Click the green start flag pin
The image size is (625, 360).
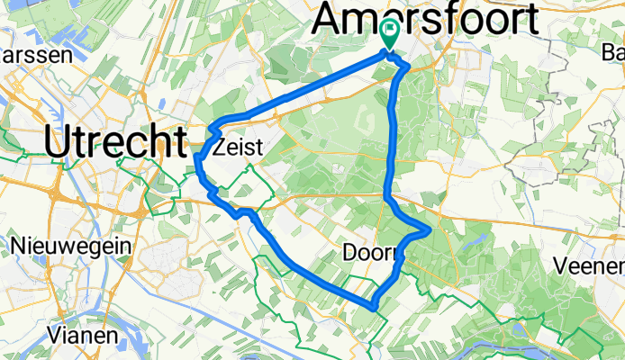(389, 34)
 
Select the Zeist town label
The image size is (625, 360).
(242, 152)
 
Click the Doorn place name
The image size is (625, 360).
(370, 254)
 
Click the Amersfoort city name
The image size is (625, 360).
(430, 17)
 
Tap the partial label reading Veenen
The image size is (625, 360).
(589, 266)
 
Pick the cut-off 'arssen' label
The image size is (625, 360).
(24, 55)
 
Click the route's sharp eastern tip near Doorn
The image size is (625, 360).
(430, 231)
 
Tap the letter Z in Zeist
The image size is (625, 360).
(221, 152)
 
